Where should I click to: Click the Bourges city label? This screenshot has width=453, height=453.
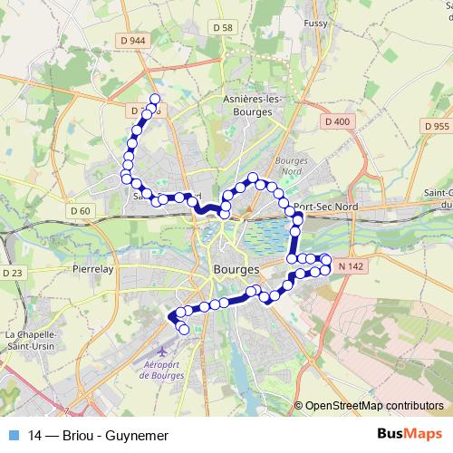(x=236, y=269)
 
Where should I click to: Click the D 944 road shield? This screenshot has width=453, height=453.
(x=131, y=41)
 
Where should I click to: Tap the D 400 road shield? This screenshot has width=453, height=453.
(x=335, y=120)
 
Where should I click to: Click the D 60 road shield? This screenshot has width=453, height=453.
(x=81, y=211)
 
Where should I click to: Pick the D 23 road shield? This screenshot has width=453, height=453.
(x=12, y=272)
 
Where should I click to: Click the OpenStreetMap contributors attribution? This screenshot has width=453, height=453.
(x=373, y=405)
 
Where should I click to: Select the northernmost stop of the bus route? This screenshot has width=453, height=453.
(x=155, y=99)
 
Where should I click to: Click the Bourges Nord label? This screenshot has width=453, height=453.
(x=293, y=166)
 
